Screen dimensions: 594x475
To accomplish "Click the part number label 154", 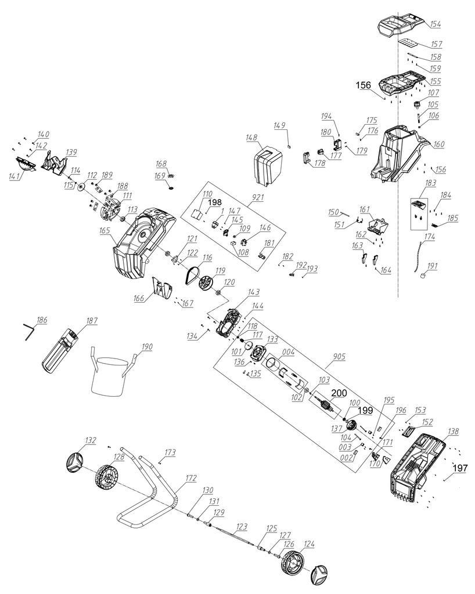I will [x=436, y=24].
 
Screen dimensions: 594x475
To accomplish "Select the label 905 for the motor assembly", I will [x=337, y=357].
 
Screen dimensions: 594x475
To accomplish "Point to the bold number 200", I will [x=339, y=393].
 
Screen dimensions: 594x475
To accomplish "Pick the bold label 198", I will [x=215, y=201].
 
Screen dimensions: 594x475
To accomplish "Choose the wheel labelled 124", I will [x=293, y=562].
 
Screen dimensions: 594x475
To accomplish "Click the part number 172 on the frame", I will [x=191, y=478].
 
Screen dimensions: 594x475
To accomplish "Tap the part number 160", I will [x=439, y=144].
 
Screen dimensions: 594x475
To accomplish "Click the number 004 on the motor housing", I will [x=288, y=351].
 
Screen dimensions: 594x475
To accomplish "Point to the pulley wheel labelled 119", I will [x=206, y=284].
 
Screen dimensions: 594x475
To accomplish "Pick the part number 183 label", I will [x=430, y=183].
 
